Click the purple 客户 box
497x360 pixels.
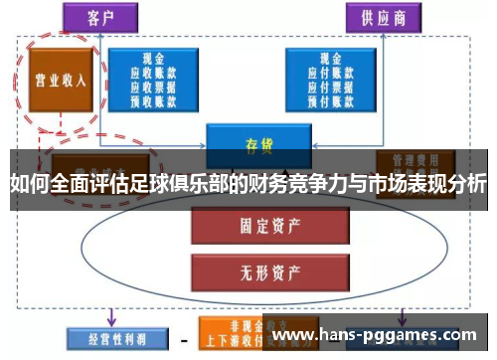click(x=99, y=18)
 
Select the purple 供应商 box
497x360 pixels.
click(x=383, y=18)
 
